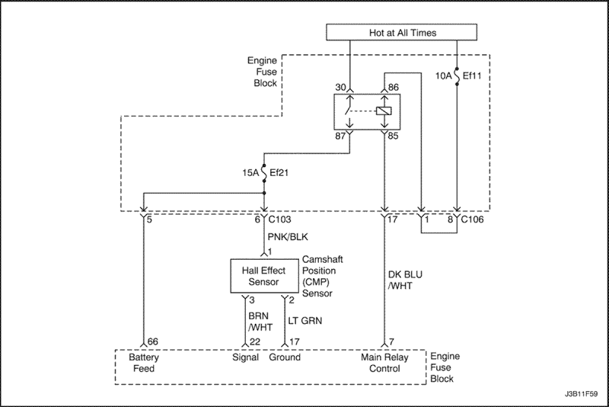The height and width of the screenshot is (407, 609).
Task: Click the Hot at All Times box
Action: pos(401,32)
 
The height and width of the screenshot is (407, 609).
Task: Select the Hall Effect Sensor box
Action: pos(263,276)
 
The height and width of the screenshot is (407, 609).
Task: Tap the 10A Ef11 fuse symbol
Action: pos(457,75)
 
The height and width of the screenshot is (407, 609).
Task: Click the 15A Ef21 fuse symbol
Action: pos(264,172)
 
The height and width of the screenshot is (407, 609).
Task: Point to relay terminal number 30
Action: pos(340,87)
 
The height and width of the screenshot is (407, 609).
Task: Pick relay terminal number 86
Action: pos(393,87)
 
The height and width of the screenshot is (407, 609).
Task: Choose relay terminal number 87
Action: pos(340,136)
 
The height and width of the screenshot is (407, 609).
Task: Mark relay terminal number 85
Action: pos(393,136)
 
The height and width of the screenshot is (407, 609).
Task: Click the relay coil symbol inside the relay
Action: pos(384,111)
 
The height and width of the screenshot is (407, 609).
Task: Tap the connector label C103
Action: pos(279,220)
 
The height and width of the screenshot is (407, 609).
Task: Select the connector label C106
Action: pos(472,220)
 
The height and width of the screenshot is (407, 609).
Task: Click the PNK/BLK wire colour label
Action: pos(288,237)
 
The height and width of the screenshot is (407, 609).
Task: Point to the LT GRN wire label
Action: pos(305,321)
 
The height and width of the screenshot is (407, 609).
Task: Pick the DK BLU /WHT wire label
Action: pos(405,280)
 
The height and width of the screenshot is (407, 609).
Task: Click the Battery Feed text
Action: pos(144,363)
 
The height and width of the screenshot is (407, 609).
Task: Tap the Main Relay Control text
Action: pos(384,363)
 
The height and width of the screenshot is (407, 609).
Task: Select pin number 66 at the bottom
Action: pos(153,341)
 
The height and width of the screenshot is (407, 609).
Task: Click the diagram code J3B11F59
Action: pos(581,394)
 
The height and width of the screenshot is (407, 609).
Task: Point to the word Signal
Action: pos(245,357)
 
